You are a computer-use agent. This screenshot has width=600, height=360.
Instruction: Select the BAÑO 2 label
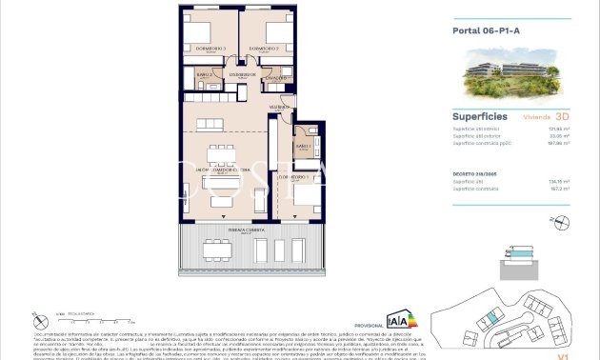click(x=203, y=73)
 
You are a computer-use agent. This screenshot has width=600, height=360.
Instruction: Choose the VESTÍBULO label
click(x=278, y=108)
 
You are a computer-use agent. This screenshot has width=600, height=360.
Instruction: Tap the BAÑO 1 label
click(x=304, y=147)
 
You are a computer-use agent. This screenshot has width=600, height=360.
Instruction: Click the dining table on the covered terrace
click(x=217, y=250)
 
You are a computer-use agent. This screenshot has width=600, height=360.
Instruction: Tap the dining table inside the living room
click(x=222, y=153)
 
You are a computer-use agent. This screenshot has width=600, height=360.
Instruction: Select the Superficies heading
click(x=478, y=115)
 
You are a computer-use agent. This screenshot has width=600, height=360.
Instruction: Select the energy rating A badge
click(x=400, y=318)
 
